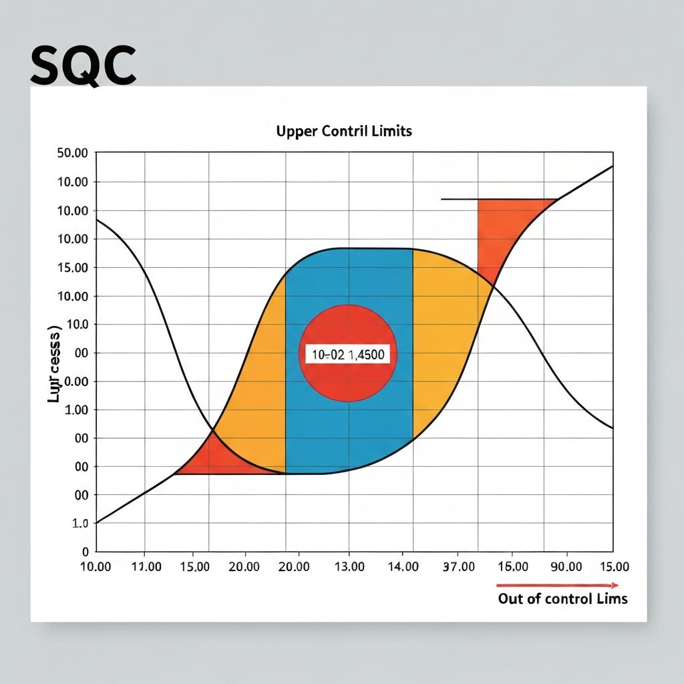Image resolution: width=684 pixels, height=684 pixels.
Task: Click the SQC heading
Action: [83, 66]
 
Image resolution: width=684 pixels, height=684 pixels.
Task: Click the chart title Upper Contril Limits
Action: [344, 131]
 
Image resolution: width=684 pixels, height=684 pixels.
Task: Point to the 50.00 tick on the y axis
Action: [73, 153]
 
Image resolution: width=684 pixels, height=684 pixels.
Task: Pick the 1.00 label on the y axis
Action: [76, 410]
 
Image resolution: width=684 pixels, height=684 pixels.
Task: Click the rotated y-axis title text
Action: [53, 364]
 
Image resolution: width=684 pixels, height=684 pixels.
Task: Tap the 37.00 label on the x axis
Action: [458, 567]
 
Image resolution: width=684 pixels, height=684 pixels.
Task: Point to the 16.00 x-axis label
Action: [514, 567]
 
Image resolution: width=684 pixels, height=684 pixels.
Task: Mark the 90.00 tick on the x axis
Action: [565, 567]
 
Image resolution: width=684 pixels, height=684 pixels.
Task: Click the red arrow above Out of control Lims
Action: [562, 585]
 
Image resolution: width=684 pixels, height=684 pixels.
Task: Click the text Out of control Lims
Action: [562, 598]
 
